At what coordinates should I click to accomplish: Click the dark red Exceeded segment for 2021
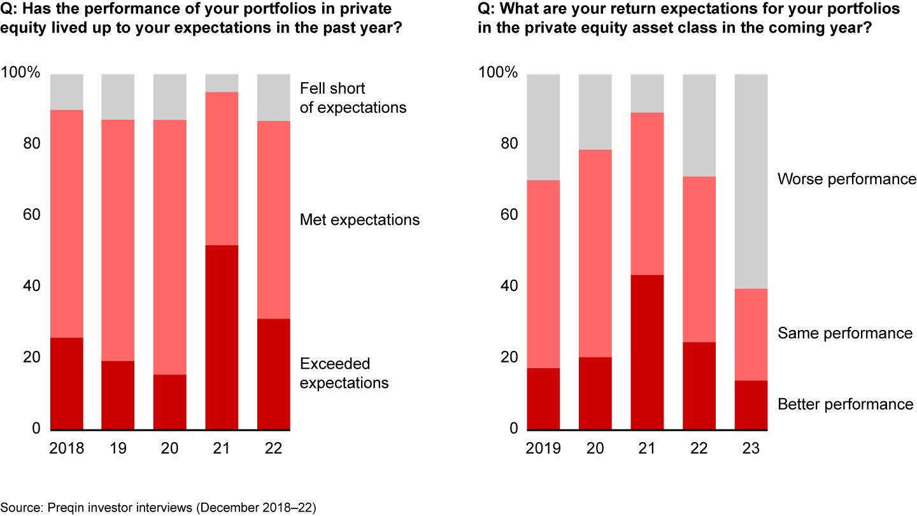pos(222,338)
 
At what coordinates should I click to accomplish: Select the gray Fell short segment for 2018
pos(67,92)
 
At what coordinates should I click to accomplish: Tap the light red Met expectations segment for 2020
pos(170,247)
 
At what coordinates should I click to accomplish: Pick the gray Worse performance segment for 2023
pos(751,182)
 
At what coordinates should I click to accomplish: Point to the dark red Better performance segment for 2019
pos(543,399)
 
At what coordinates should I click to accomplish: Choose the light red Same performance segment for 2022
pos(699,259)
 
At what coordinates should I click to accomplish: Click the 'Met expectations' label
pos(360,220)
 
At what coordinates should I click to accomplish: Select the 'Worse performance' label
pos(846,180)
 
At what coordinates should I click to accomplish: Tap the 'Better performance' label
pos(845,405)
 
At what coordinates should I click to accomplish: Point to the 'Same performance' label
pos(845,334)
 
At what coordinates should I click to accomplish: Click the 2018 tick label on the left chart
pos(66,448)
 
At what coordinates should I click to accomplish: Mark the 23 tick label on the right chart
pos(751,448)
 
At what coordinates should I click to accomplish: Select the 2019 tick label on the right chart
pos(543,448)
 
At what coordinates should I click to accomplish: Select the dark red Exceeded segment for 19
pos(118,395)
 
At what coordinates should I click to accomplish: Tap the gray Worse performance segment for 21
pos(647,93)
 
